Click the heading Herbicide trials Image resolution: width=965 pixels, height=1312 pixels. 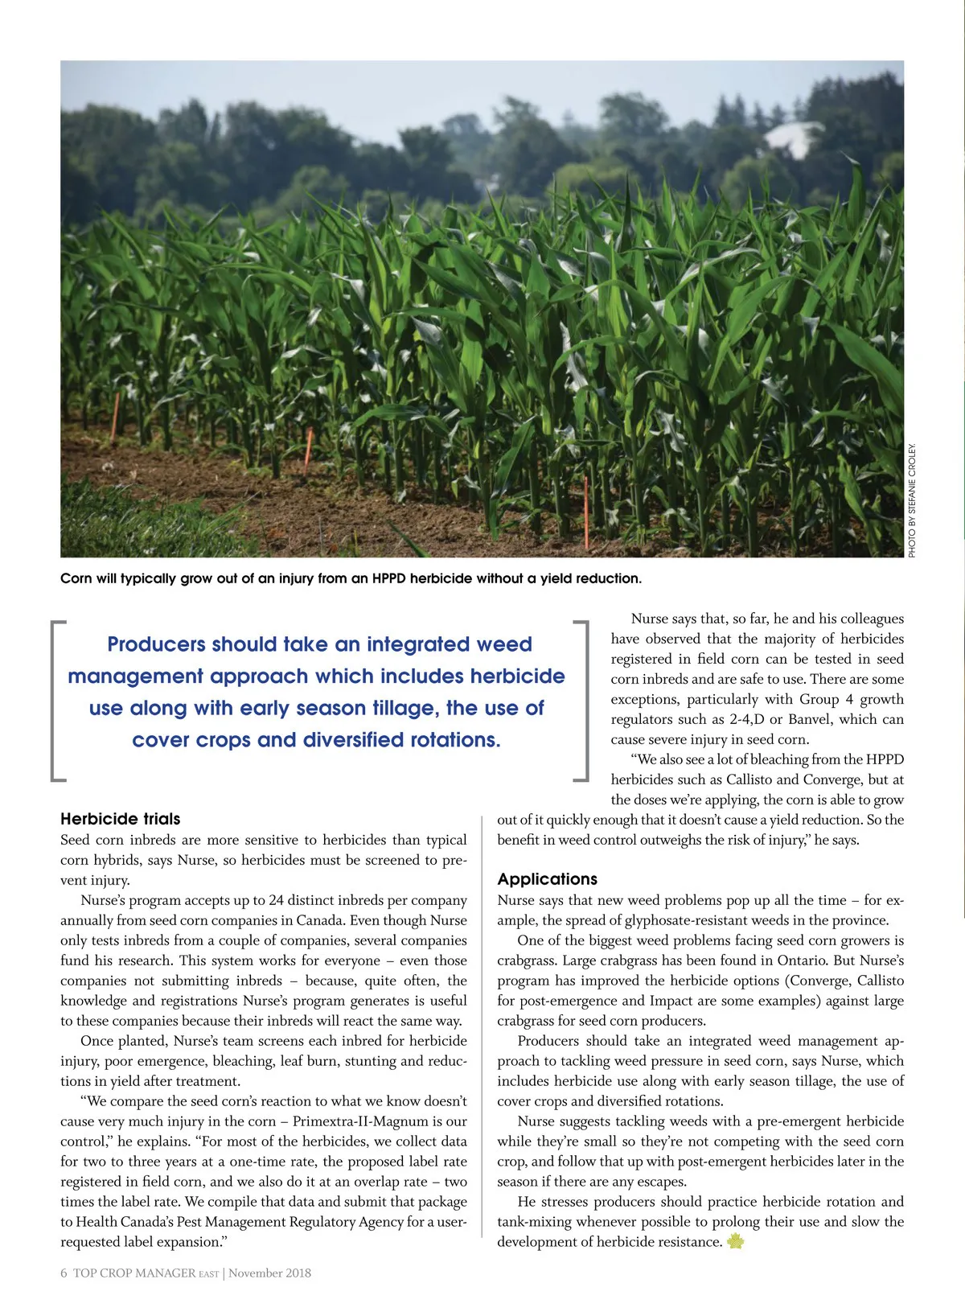(x=121, y=819)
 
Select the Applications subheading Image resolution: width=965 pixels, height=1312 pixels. (x=548, y=879)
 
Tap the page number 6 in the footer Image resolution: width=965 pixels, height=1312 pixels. (x=64, y=1273)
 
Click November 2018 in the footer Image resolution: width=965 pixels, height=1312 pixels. (x=270, y=1273)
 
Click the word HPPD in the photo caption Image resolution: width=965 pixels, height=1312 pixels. (x=389, y=578)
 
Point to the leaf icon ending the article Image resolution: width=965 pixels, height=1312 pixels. (x=735, y=1242)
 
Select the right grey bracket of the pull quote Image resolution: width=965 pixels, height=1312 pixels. (x=583, y=700)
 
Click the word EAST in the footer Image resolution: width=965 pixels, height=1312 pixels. (x=208, y=1274)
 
